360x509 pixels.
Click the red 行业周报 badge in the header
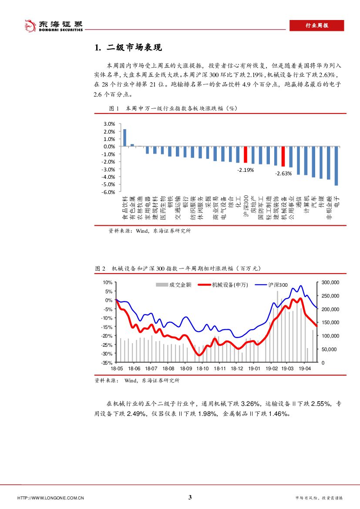[x=316, y=26]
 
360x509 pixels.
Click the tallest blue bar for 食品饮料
[x=125, y=137]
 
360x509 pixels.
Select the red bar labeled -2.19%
[x=246, y=154]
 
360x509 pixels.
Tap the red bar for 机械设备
[x=283, y=156]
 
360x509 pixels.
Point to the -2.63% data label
[x=283, y=173]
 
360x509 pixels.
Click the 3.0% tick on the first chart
[x=109, y=124]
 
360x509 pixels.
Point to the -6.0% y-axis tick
[x=108, y=192]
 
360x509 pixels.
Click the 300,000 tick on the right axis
[x=330, y=282]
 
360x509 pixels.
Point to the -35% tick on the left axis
[x=107, y=362]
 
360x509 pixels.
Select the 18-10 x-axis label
[x=203, y=368]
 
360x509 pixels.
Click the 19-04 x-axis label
[x=304, y=368]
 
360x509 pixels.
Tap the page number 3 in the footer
[x=190, y=497]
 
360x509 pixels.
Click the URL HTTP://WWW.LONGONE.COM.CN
[x=50, y=498]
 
